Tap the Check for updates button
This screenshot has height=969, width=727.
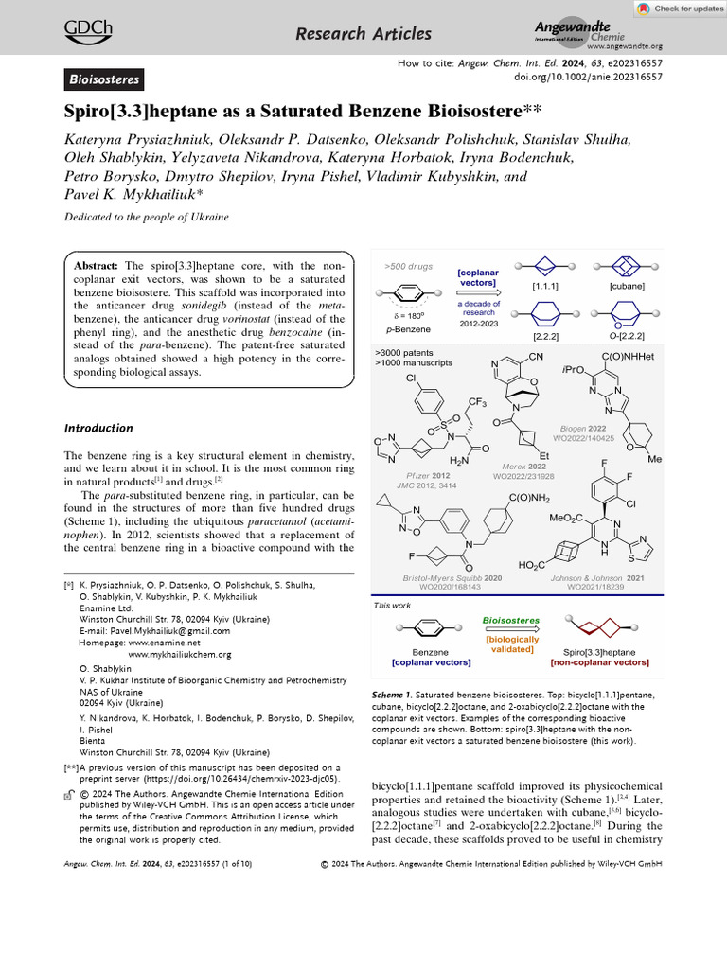pos(675,9)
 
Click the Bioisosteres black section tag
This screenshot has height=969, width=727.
pos(104,79)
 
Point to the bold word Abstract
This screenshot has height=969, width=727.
pos(97,267)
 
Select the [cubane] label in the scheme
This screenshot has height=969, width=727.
pos(628,285)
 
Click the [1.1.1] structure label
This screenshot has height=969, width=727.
pos(546,285)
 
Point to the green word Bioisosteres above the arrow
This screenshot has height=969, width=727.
pos(511,620)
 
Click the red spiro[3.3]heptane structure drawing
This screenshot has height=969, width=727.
pos(606,627)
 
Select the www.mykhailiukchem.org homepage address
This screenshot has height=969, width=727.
pos(179,654)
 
